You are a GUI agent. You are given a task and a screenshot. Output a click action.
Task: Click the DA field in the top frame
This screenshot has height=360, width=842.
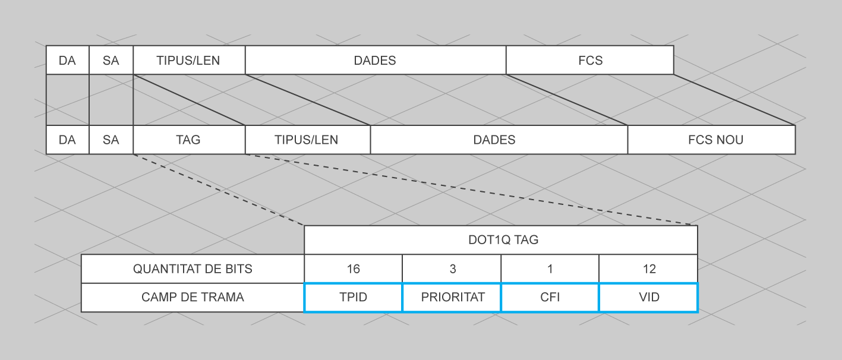coord(67,60)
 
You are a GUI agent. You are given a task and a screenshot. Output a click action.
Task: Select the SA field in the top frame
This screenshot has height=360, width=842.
coord(111,60)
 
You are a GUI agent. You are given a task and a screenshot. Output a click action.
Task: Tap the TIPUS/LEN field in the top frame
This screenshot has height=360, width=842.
coord(189,60)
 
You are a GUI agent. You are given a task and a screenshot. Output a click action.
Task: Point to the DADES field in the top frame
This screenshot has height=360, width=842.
coord(375,60)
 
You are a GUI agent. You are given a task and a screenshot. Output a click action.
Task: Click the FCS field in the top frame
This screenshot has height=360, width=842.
coord(589,60)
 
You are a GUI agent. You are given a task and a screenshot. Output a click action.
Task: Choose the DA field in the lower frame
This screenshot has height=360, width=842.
coord(67,140)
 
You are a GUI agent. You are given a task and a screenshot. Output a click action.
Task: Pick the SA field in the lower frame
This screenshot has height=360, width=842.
coord(111,140)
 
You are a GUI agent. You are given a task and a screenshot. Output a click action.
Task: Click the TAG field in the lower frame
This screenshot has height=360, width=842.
coord(189,140)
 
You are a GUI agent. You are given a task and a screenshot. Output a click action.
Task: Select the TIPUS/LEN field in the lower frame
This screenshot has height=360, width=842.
coord(307,140)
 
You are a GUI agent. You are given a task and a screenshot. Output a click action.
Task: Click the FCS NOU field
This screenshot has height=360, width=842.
coord(711,140)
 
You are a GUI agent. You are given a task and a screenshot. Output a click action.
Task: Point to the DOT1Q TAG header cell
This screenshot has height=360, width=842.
coord(500,240)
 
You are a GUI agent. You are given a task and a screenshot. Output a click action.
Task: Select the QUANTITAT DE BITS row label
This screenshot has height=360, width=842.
coord(193,269)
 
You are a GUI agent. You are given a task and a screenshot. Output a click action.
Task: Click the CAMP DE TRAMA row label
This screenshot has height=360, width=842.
coord(193,297)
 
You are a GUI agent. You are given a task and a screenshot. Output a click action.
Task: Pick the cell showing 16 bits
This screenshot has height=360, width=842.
coord(353,269)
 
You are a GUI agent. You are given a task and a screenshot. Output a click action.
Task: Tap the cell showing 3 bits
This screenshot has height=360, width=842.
coord(452,269)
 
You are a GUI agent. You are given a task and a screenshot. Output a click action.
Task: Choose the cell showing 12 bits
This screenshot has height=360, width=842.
coord(648,269)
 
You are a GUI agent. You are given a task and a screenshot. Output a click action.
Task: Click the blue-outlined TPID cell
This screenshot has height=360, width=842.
coord(353,297)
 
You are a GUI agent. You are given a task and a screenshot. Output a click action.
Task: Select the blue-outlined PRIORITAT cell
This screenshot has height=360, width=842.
coord(452,297)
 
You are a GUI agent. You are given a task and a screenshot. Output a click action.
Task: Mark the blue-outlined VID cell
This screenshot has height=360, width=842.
coord(648,297)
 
